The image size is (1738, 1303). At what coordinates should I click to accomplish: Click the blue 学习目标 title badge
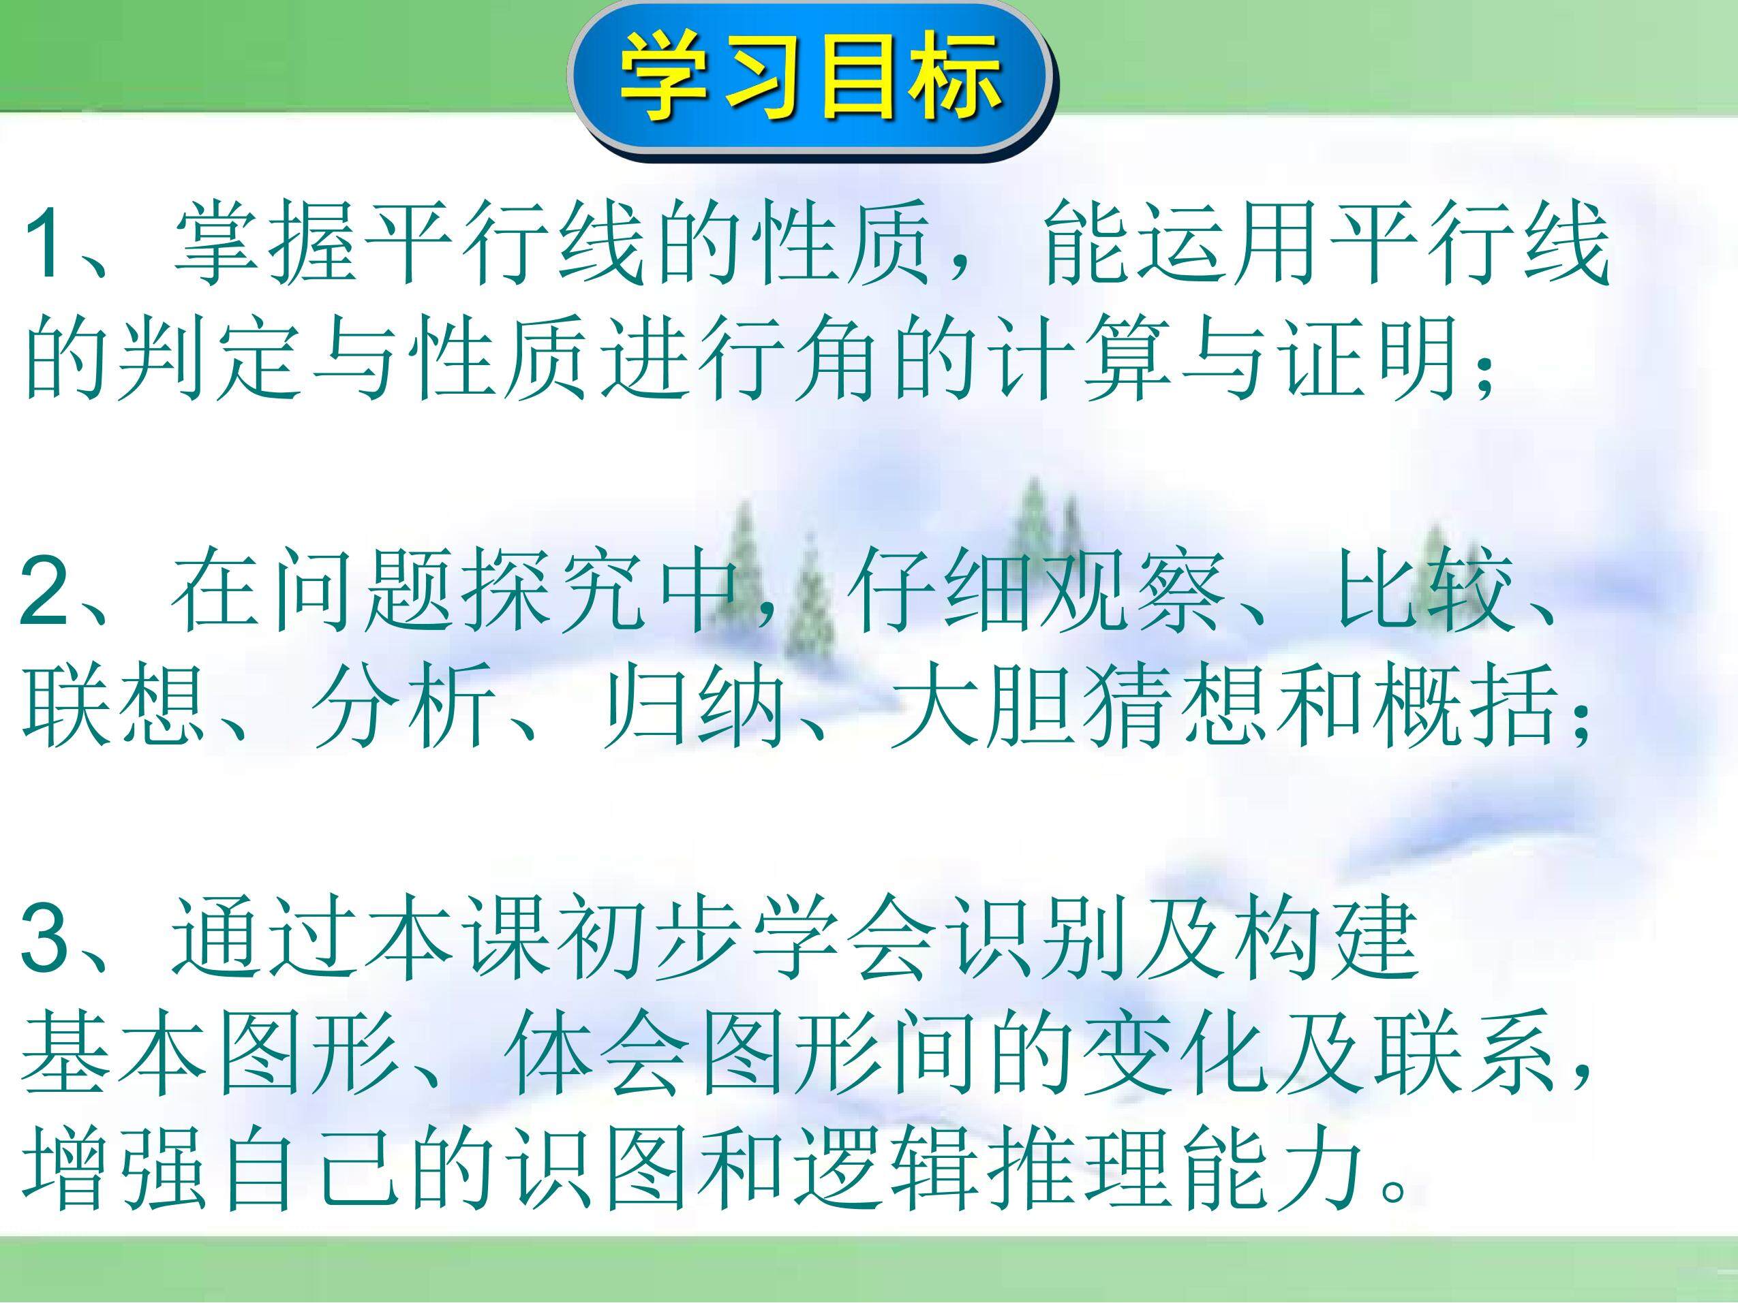pyautogui.click(x=812, y=82)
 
